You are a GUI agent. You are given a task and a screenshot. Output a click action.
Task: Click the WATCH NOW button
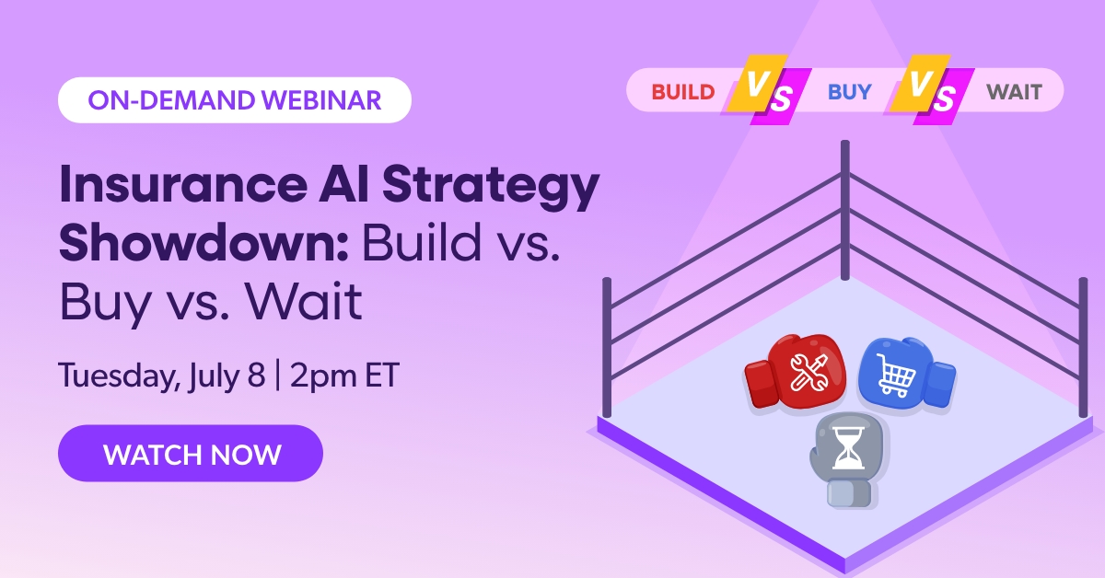191,454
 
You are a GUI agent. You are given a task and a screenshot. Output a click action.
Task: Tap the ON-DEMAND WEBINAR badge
234,99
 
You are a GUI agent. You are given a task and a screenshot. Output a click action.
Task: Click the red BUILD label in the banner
683,92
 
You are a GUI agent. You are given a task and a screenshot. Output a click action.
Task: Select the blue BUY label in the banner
849,92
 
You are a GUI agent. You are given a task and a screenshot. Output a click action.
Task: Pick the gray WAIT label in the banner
1014,92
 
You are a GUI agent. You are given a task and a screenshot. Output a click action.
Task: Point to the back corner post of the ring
845,202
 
